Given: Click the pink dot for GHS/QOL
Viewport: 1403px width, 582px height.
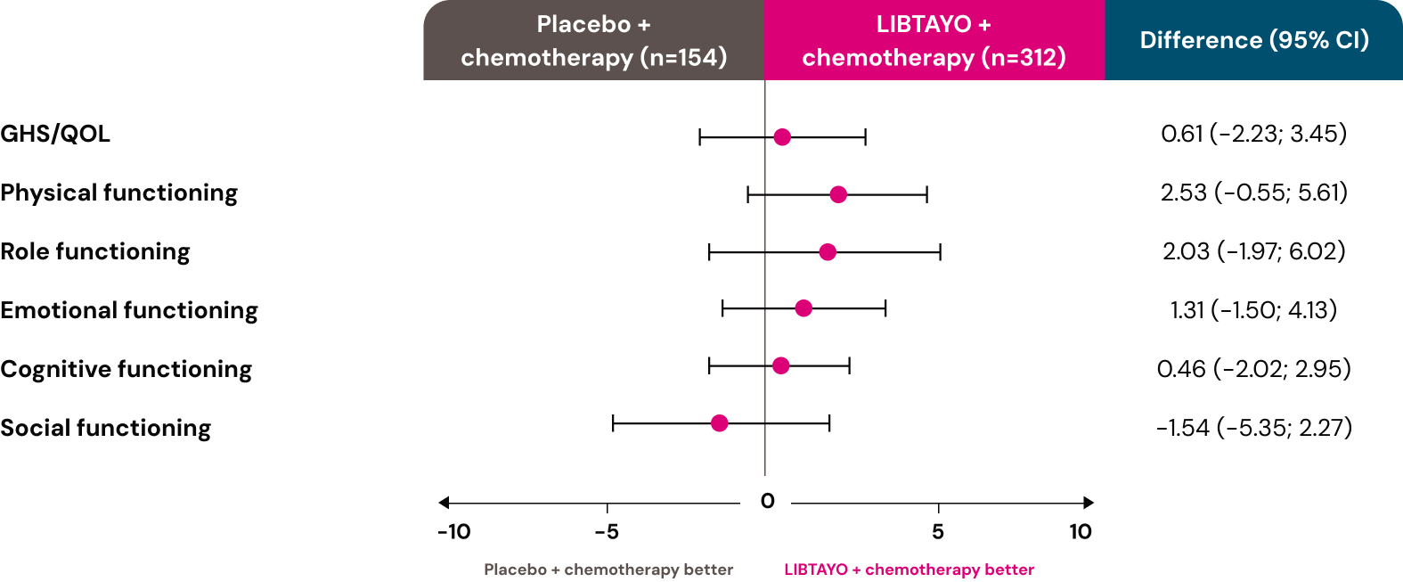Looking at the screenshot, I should pos(782,136).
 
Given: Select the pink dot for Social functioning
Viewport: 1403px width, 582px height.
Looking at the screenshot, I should pos(720,422).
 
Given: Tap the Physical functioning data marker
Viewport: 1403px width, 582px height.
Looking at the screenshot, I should pos(838,194).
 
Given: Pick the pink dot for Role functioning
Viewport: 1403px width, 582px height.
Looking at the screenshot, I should pos(828,252).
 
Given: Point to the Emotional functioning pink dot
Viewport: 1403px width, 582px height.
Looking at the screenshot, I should pos(803,308).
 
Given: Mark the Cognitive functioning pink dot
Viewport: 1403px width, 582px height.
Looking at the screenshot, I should pos(781,365).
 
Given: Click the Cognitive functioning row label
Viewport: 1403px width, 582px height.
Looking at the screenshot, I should pos(126,369).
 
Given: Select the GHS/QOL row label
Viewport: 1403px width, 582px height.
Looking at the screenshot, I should pos(55,134).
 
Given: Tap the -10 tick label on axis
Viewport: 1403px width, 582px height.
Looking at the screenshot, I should pos(453,532).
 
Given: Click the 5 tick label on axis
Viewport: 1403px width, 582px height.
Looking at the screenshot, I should pos(938,532).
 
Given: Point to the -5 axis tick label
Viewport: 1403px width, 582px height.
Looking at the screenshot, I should pos(607,532).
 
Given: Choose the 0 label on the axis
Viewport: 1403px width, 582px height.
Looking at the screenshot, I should pos(768,501).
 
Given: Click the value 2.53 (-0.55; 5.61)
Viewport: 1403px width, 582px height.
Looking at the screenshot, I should pos(1253,193).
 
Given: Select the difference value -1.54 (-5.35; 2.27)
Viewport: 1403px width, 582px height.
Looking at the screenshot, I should pos(1253,428).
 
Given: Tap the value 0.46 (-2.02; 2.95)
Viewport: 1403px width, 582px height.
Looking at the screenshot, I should pos(1253,369).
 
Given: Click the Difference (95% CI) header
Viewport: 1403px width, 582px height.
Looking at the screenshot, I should pos(1253,40).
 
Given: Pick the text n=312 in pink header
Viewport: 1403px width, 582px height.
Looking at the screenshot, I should pos(1023,58).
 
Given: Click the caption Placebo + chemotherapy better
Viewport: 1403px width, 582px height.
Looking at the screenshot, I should pos(608,570).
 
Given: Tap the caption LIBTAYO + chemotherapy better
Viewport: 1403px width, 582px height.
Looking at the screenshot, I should pos(909,570).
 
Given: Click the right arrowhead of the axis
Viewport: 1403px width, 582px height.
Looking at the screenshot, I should pos(1088,503).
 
